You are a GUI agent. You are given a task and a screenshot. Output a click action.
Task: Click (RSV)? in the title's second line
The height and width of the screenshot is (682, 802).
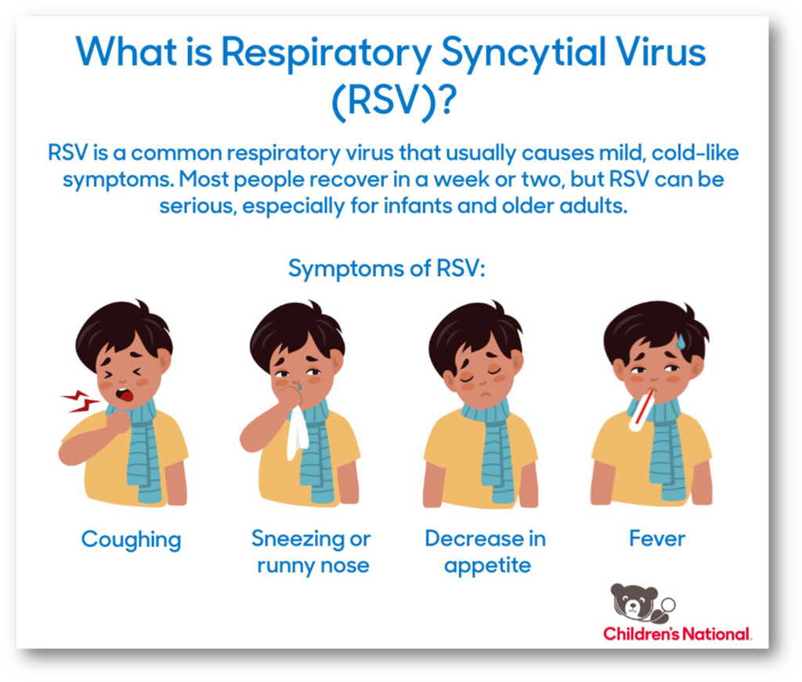(393, 101)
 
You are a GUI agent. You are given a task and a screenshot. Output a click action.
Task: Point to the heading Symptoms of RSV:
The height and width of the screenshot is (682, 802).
(387, 268)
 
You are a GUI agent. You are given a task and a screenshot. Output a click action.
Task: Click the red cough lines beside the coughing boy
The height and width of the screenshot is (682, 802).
(79, 401)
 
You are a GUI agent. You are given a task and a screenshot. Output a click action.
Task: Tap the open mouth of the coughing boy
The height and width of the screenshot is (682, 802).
(125, 395)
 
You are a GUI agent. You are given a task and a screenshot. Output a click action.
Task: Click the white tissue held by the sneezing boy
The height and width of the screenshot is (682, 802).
(297, 434)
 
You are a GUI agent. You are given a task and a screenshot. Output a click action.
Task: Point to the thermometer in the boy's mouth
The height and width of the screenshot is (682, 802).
(642, 410)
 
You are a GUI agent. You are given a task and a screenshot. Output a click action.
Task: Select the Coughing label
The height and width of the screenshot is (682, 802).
(132, 540)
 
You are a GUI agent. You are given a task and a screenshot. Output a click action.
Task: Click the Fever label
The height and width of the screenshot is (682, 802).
(657, 539)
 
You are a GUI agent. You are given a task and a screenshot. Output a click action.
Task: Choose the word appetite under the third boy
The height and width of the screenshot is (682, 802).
(488, 566)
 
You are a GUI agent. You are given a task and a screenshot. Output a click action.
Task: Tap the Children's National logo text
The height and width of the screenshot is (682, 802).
(677, 634)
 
